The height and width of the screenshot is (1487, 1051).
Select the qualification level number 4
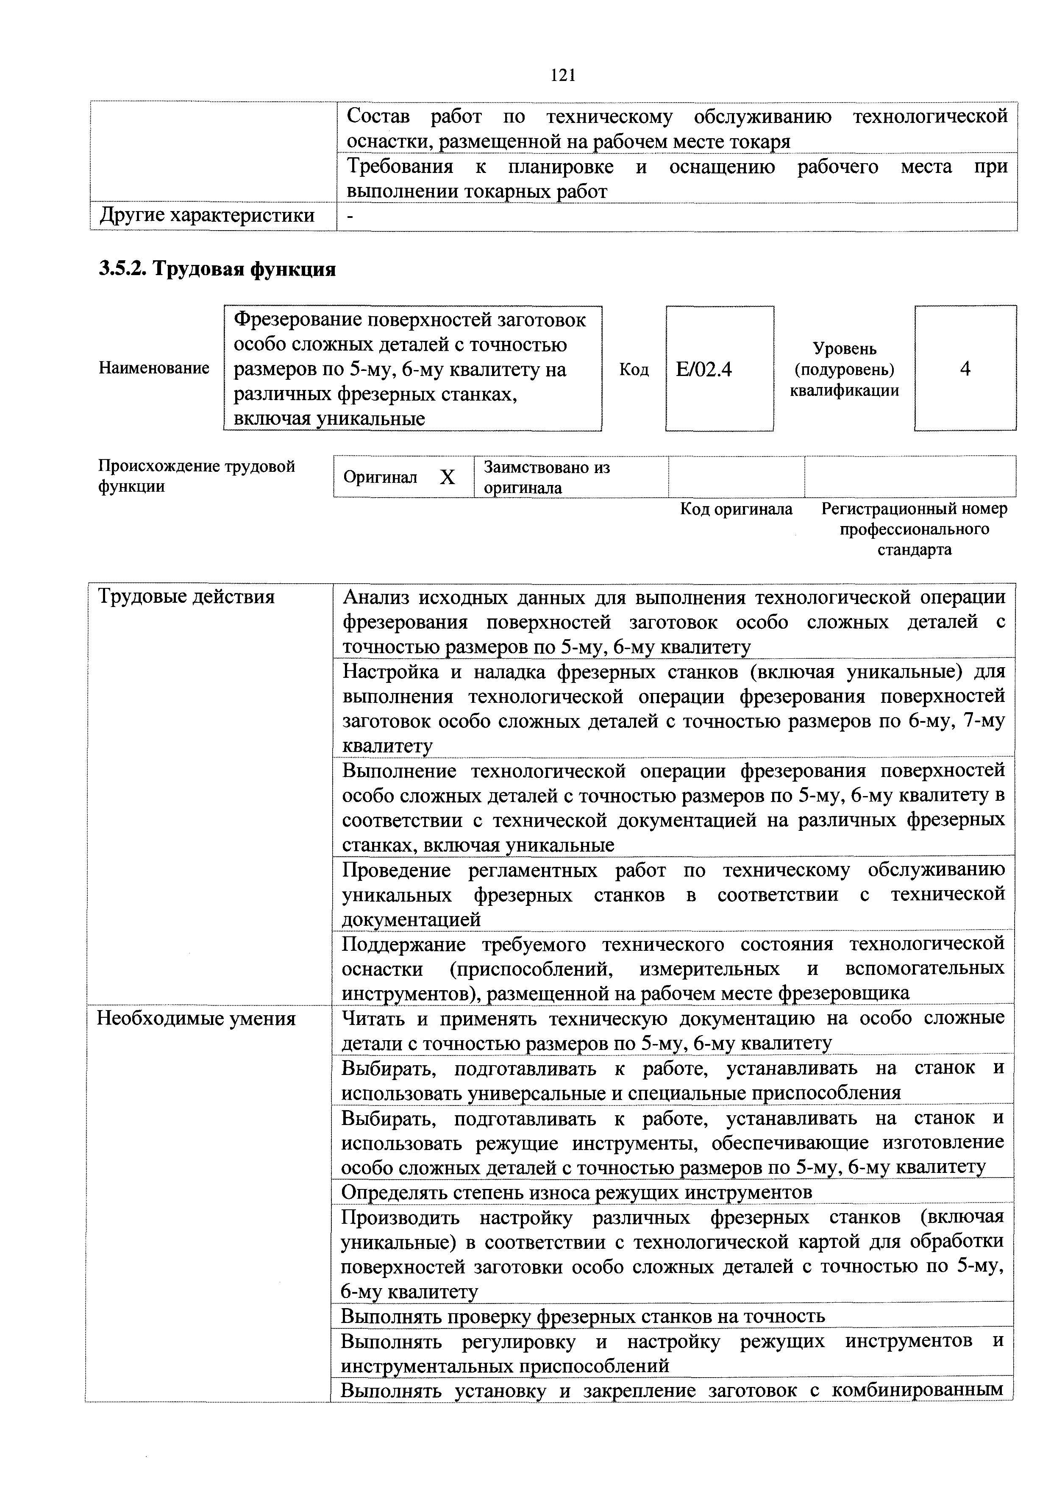tap(965, 369)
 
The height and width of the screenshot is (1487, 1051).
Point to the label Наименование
tap(154, 368)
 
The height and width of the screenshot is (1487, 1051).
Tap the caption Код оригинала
tap(736, 509)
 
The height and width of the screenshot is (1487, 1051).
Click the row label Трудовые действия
tap(186, 596)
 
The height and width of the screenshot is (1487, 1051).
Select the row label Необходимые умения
tap(196, 1019)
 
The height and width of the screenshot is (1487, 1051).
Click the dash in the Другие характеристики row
tap(350, 216)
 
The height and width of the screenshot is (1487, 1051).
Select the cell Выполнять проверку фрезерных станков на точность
tap(582, 1316)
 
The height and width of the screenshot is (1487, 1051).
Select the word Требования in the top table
tap(400, 167)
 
